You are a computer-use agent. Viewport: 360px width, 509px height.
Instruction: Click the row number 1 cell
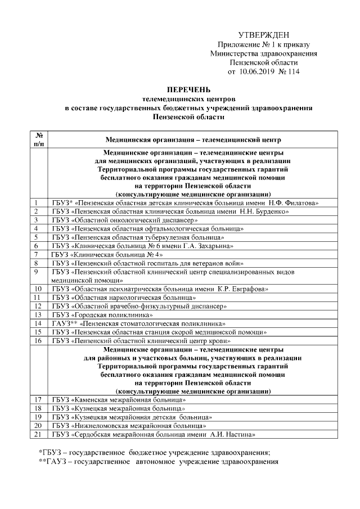tap(36, 202)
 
